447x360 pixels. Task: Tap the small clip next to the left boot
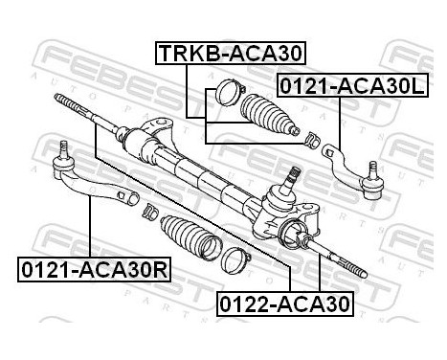click(x=148, y=210)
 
